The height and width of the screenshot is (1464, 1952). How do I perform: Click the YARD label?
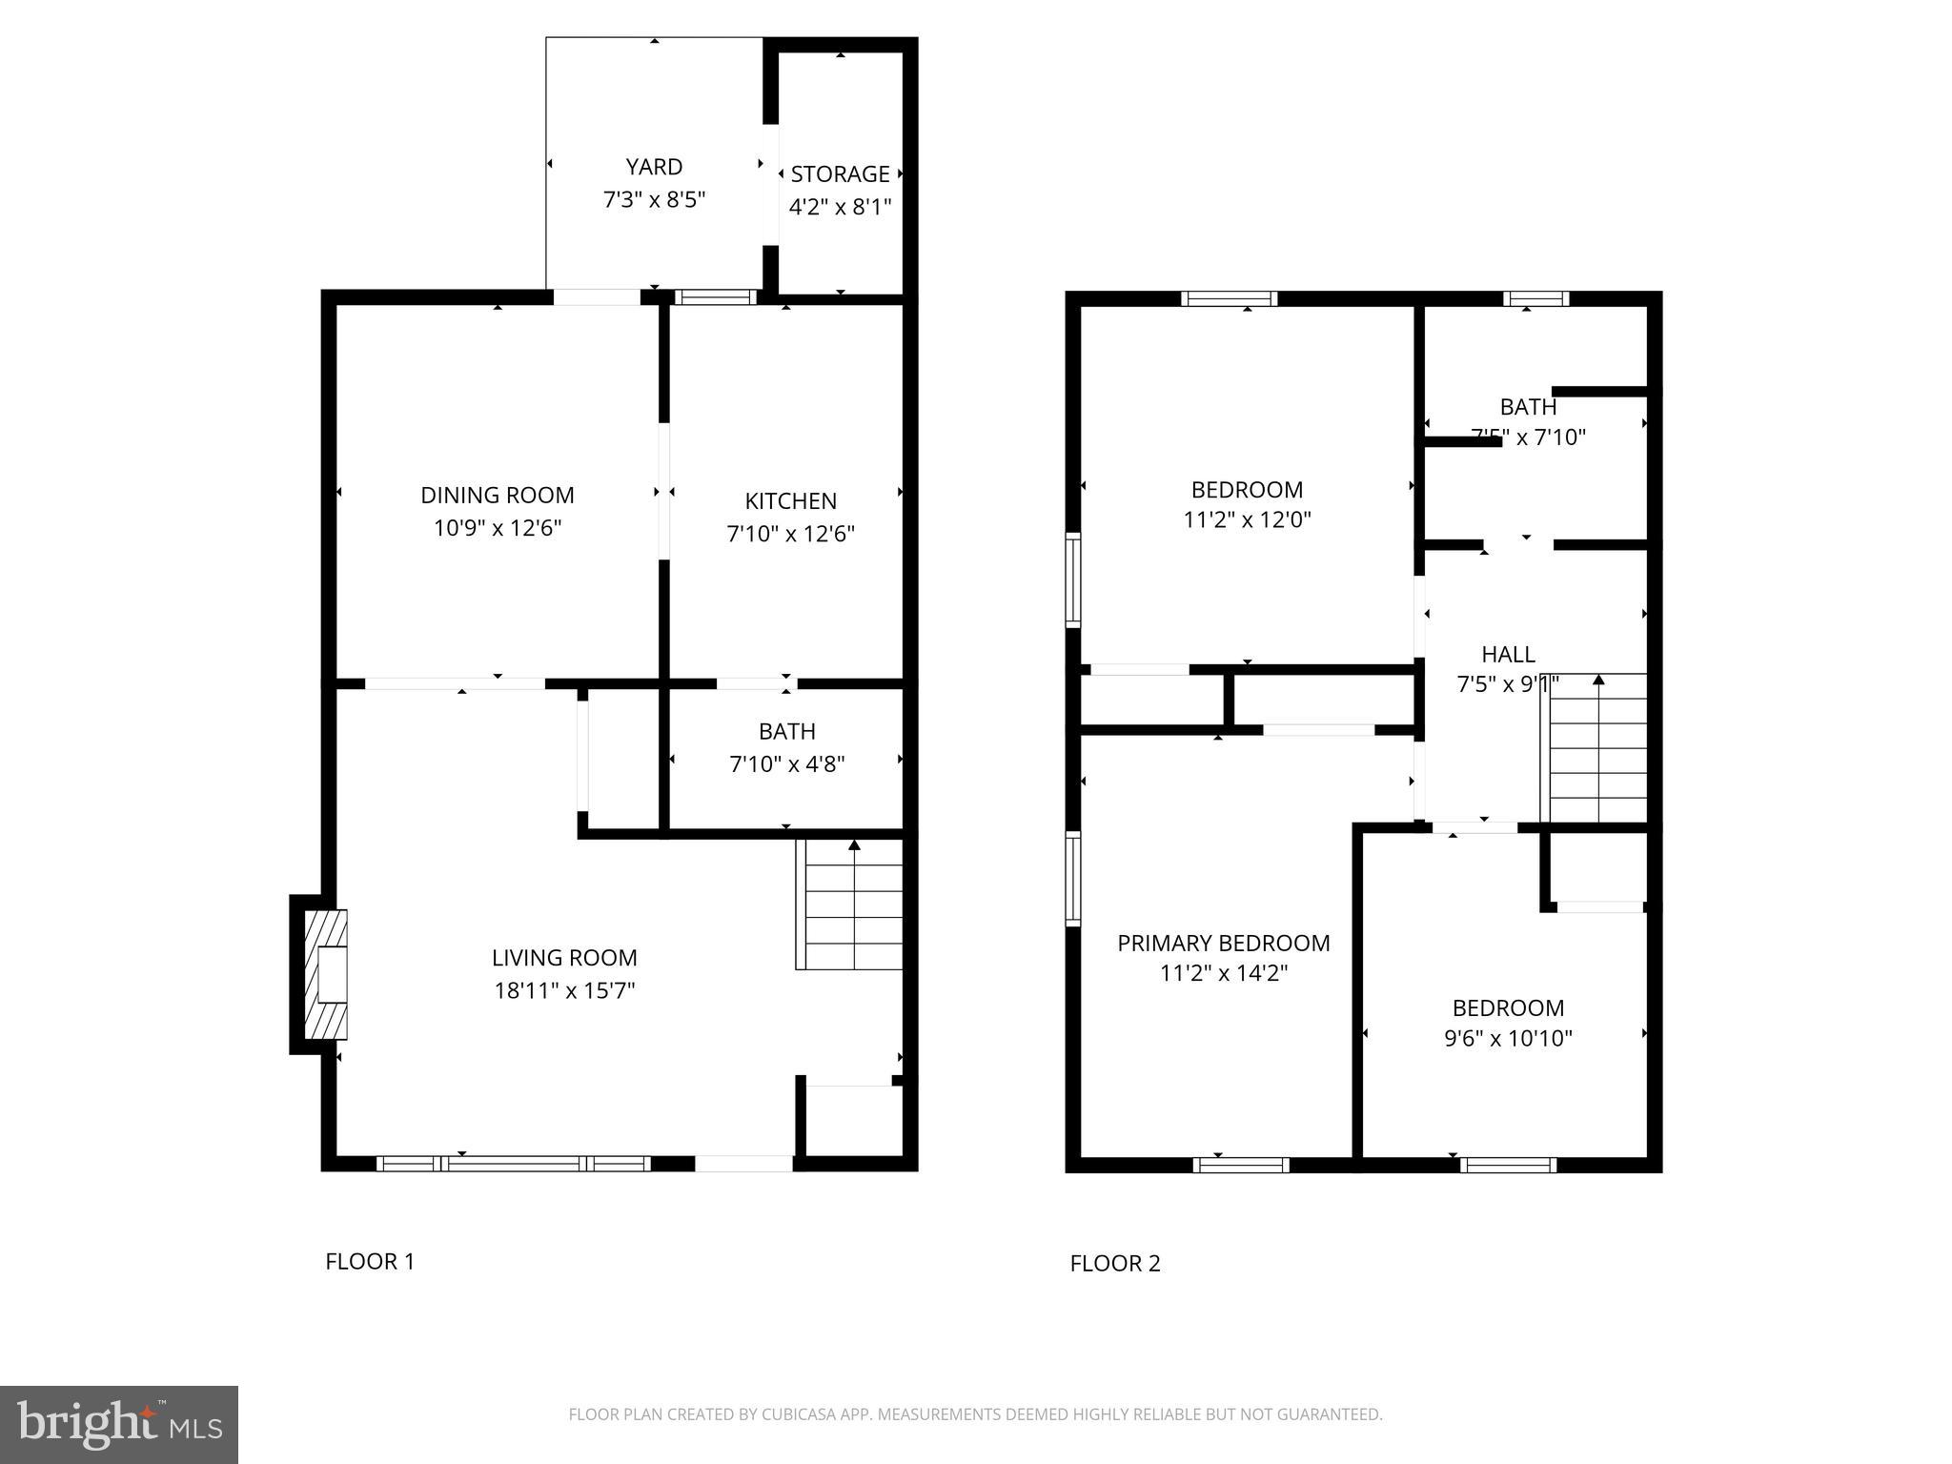click(654, 167)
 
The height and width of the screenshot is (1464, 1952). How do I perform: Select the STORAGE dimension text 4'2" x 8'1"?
click(840, 207)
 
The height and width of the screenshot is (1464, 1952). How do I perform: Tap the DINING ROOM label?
click(498, 496)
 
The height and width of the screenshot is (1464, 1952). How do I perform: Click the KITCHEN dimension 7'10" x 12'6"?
click(790, 534)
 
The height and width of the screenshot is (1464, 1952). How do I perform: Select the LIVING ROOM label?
click(564, 958)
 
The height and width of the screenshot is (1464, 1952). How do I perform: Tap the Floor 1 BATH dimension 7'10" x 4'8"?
click(786, 764)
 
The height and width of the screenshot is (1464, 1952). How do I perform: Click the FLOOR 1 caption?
click(370, 1262)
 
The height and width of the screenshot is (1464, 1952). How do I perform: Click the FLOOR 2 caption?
click(1114, 1264)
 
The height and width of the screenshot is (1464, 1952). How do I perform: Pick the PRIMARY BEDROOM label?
click(1223, 944)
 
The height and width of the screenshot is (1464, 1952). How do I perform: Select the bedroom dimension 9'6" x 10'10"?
click(1508, 1039)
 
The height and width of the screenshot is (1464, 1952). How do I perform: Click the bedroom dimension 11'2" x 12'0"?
click(1247, 520)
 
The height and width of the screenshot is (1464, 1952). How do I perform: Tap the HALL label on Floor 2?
click(1508, 655)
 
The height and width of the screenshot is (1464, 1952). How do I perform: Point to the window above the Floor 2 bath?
click(1535, 298)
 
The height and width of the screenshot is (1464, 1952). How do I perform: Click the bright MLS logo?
click(119, 1424)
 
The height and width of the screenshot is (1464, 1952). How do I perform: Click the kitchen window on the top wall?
click(715, 297)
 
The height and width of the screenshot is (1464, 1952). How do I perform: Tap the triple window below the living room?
click(514, 1164)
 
